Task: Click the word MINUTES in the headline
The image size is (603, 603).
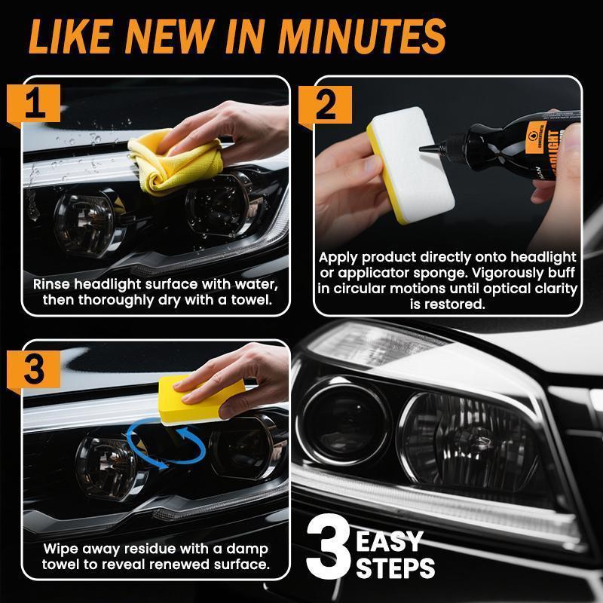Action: [361, 35]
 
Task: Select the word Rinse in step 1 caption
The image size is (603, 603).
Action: [52, 285]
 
